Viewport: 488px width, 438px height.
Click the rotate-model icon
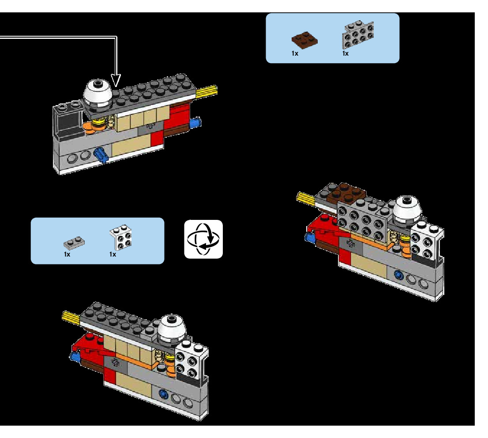pyautogui.click(x=203, y=239)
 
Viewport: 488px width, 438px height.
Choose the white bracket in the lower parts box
pyautogui.click(x=122, y=239)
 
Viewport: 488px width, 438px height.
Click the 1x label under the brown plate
pyautogui.click(x=295, y=53)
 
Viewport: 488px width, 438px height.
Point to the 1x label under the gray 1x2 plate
pyautogui.click(x=67, y=255)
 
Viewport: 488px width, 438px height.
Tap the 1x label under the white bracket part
pyautogui.click(x=113, y=255)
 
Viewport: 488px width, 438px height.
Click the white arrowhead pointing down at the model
pyautogui.click(x=116, y=80)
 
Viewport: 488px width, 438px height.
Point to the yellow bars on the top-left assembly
pyautogui.click(x=207, y=91)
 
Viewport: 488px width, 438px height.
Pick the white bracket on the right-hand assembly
pyautogui.click(x=426, y=242)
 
